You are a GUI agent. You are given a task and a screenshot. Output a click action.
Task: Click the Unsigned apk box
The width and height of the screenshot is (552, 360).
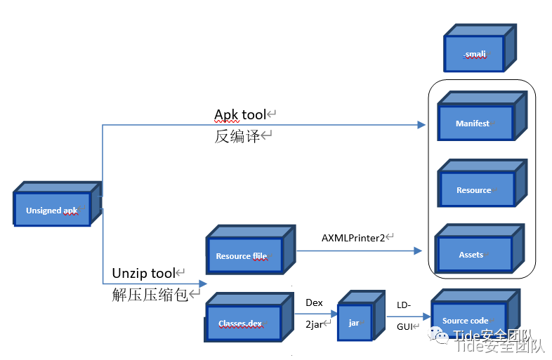pyautogui.click(x=53, y=210)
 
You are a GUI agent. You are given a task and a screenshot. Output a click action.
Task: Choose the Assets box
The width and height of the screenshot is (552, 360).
pyautogui.click(x=472, y=254)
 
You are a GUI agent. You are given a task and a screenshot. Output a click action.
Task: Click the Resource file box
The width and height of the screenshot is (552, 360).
pyautogui.click(x=242, y=256)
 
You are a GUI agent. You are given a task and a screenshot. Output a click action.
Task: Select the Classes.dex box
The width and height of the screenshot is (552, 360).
pyautogui.click(x=242, y=324)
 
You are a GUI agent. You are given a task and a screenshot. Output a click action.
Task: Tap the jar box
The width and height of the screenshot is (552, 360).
pyautogui.click(x=354, y=323)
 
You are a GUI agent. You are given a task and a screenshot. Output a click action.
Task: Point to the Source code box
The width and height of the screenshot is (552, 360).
pyautogui.click(x=466, y=321)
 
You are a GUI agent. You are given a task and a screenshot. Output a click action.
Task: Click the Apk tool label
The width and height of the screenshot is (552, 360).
pyautogui.click(x=240, y=114)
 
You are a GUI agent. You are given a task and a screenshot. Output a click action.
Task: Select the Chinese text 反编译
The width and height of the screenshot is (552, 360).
pyautogui.click(x=237, y=136)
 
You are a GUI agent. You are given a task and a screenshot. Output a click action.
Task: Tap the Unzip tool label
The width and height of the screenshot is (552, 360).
pyautogui.click(x=143, y=273)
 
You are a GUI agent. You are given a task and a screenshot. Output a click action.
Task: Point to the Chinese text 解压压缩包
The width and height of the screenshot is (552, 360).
pyautogui.click(x=150, y=295)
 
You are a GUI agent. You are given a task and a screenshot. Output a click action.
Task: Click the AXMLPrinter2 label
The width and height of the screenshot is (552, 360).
pyautogui.click(x=353, y=238)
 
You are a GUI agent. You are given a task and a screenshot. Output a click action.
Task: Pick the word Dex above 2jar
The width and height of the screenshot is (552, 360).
pyautogui.click(x=314, y=302)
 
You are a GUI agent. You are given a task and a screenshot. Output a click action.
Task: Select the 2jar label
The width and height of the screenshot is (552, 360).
pyautogui.click(x=315, y=324)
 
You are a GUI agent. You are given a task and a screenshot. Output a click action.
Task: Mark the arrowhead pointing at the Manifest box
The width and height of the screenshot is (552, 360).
pyautogui.click(x=421, y=125)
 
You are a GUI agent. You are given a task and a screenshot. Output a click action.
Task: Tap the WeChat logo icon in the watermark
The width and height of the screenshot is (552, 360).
pyautogui.click(x=442, y=337)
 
